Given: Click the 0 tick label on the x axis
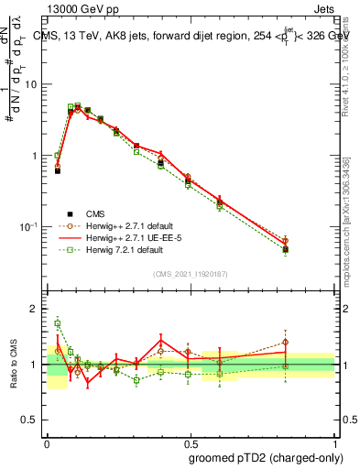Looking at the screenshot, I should point(47,442).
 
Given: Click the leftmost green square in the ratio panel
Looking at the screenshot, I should point(57,322).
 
